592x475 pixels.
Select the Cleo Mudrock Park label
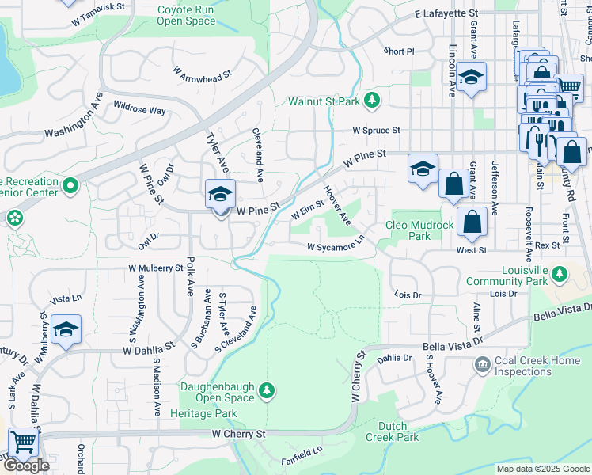419,230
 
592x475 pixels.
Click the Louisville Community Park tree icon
560,274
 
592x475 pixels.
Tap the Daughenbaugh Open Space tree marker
268,389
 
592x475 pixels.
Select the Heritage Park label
203,413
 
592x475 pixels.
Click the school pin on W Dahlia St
66,329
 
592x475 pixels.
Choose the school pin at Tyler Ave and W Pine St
220,194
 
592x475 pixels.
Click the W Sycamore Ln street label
336,246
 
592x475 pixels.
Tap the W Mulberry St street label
156,268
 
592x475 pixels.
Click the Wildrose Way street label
139,109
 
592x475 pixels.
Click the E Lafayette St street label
446,14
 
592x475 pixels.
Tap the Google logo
26,465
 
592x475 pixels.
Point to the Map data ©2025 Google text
543,469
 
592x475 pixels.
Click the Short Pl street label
399,51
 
